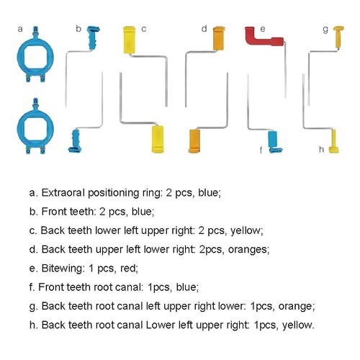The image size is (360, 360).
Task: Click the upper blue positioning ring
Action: (x=19, y=58)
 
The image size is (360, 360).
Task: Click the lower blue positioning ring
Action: (x=19, y=129)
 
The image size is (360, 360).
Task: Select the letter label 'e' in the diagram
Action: (x=263, y=29)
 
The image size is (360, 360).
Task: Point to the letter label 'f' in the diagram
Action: (x=261, y=150)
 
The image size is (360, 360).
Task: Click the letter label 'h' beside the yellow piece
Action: (x=321, y=149)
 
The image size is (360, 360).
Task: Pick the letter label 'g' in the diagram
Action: (x=325, y=30)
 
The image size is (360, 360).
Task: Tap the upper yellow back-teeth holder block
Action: (x=129, y=40)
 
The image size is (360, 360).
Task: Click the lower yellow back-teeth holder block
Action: (x=158, y=139)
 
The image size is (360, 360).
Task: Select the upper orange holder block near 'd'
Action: (x=219, y=38)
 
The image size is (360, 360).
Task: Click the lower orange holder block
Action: (x=194, y=141)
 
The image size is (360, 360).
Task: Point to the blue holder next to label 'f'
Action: (x=274, y=142)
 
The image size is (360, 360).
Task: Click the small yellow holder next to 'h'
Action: (x=333, y=142)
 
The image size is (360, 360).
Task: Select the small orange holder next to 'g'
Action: (x=338, y=37)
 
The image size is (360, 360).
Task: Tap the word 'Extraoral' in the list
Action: (x=63, y=192)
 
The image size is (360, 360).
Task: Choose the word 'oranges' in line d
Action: (x=248, y=250)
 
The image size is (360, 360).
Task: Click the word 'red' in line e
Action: (x=129, y=268)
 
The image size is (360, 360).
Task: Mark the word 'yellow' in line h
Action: (x=298, y=325)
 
